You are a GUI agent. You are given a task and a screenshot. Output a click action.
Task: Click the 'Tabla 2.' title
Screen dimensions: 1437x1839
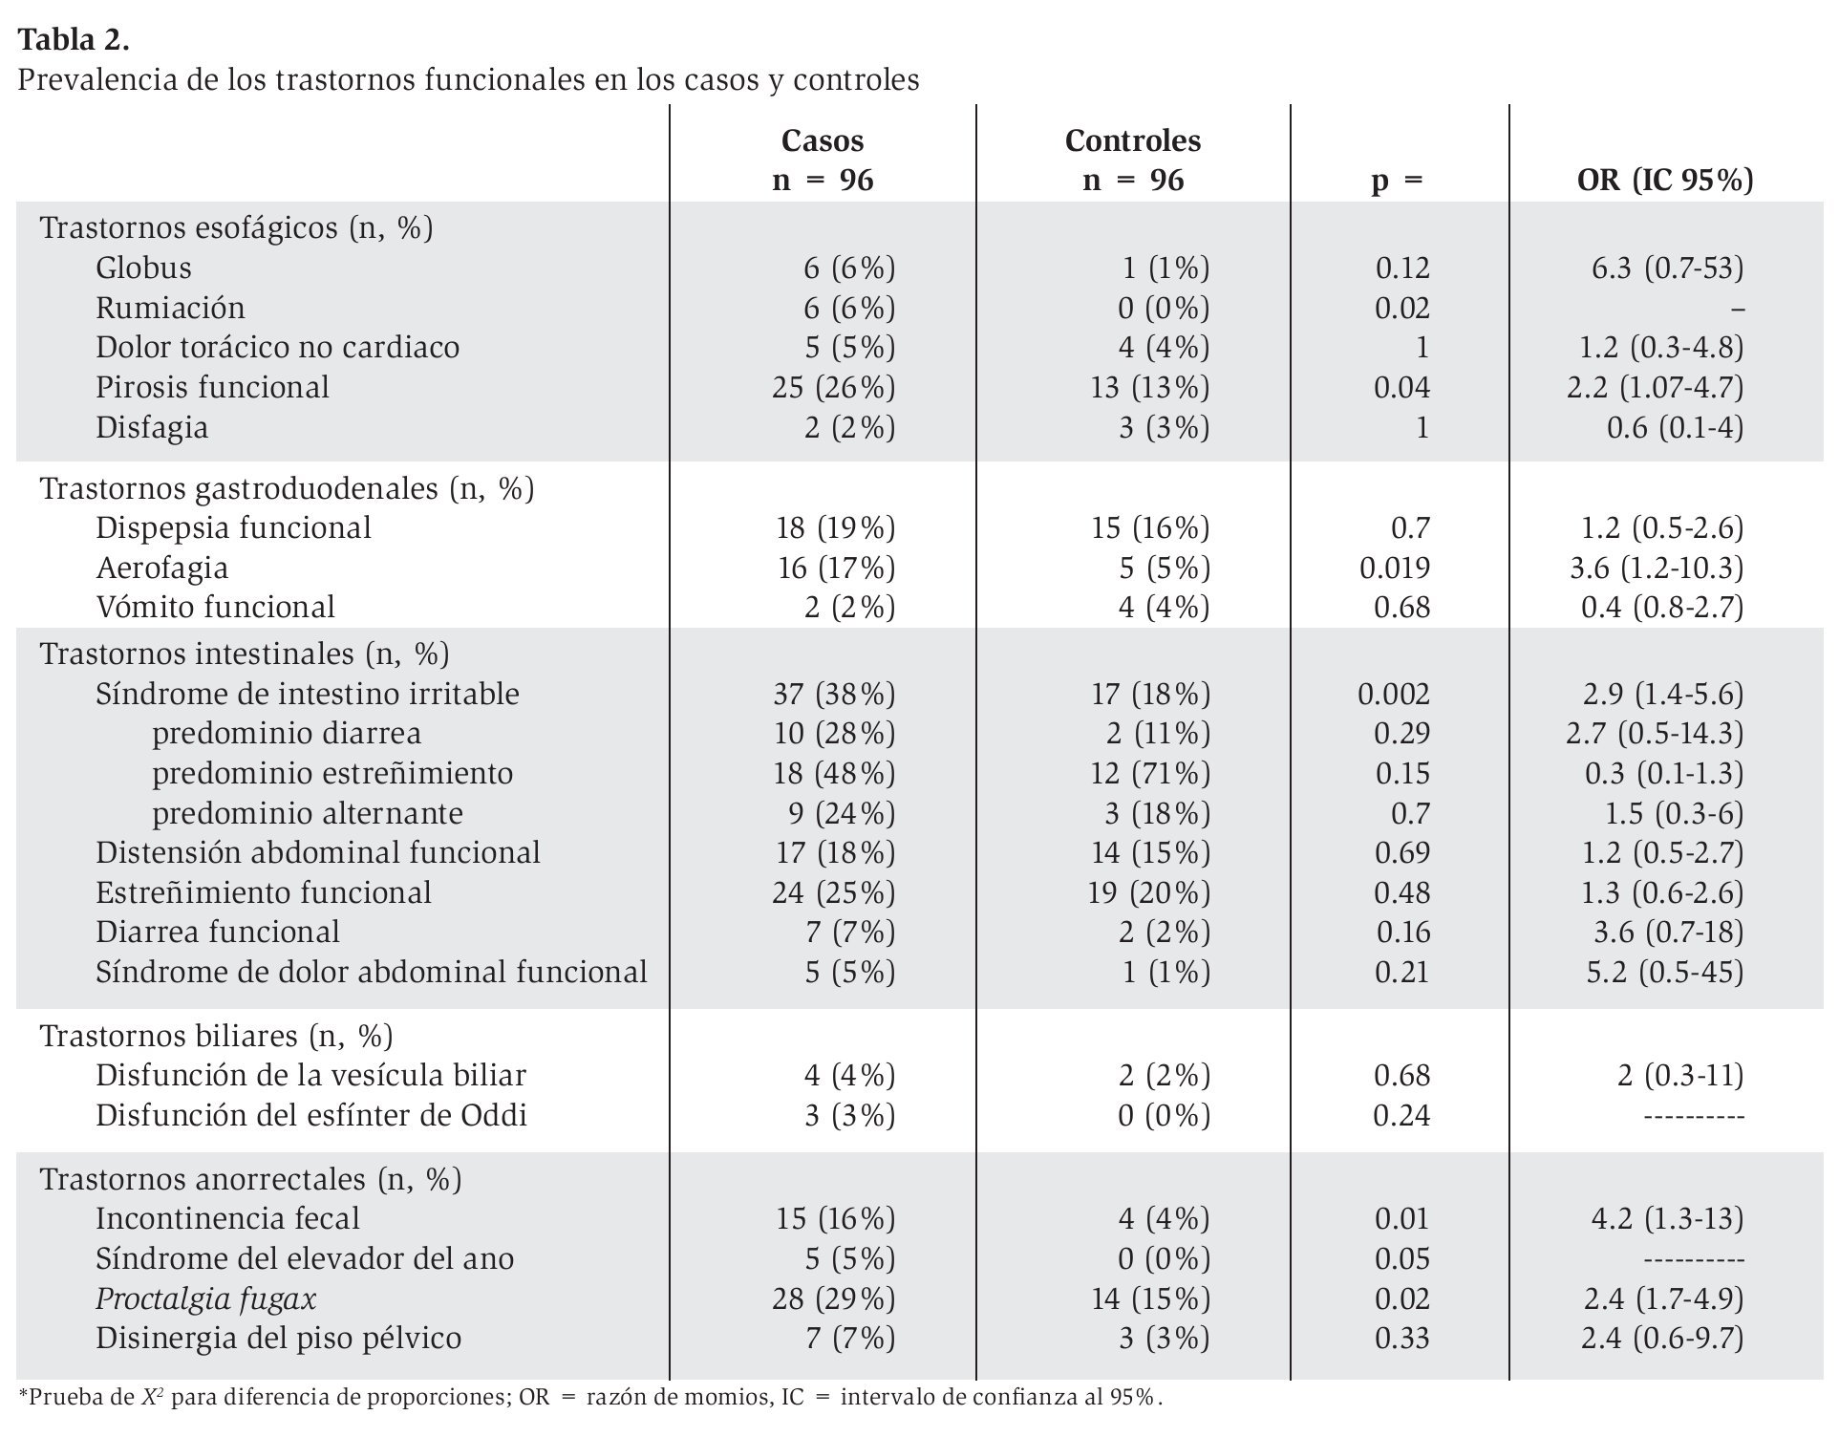tap(74, 40)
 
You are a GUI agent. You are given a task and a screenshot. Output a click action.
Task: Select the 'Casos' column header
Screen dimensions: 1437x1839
tap(822, 140)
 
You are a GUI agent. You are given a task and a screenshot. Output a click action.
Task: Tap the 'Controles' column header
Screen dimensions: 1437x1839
tap(1132, 140)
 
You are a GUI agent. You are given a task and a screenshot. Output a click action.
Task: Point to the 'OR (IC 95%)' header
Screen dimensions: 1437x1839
tap(1664, 180)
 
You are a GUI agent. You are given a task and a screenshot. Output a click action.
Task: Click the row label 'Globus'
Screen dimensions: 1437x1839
tap(143, 268)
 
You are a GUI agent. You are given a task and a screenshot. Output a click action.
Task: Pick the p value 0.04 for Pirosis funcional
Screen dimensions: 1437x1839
tap(1401, 387)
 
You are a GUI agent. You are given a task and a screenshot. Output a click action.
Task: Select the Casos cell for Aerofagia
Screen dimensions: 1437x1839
tap(836, 568)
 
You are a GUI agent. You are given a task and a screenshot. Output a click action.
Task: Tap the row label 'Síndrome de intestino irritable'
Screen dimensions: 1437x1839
tap(307, 694)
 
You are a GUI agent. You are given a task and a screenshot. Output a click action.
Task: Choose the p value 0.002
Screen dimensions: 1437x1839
tap(1393, 694)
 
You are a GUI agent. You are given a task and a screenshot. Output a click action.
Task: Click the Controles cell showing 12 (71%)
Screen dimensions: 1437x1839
tap(1149, 773)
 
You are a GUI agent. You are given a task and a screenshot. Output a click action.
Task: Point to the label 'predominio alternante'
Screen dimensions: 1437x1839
tap(307, 813)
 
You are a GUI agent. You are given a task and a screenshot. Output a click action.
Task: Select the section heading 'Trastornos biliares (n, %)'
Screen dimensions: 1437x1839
tap(216, 1036)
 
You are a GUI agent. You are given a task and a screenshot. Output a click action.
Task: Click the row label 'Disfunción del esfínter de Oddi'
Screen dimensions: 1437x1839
tap(310, 1115)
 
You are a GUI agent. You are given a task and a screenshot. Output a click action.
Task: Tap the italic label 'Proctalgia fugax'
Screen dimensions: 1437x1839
tap(205, 1298)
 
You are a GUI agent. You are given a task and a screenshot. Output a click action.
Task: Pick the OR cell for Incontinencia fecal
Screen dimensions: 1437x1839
tap(1666, 1218)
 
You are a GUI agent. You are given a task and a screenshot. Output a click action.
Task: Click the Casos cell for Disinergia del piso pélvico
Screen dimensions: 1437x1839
tap(849, 1338)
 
